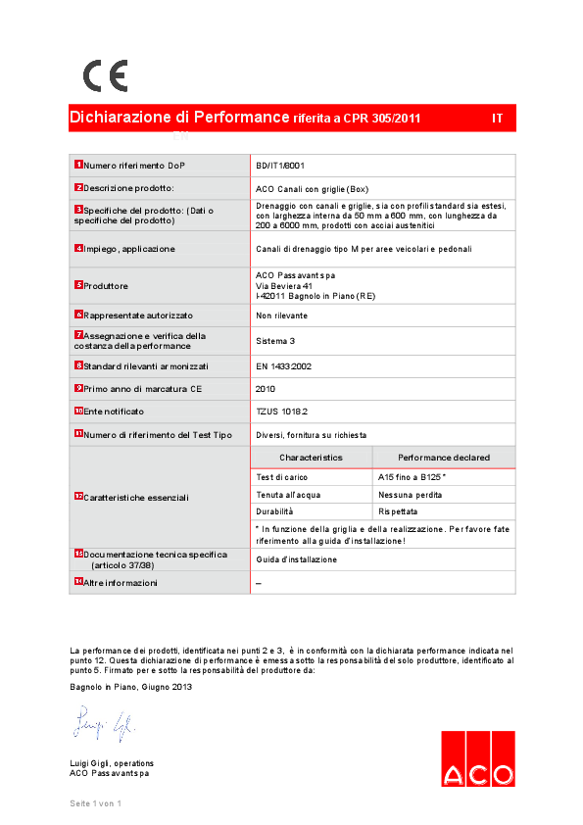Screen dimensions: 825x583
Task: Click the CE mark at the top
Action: [105, 75]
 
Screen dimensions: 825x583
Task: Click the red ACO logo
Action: [477, 759]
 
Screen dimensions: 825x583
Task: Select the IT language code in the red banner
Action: [498, 119]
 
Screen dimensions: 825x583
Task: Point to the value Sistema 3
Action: [274, 341]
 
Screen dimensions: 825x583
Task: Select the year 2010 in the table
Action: [266, 389]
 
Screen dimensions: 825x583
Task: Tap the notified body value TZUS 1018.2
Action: [281, 412]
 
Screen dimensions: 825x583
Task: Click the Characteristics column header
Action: [311, 458]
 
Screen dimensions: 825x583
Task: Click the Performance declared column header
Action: [444, 458]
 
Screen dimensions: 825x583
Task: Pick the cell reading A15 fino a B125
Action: [412, 476]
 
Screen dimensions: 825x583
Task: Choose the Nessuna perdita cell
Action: [410, 495]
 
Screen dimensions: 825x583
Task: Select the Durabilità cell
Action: [274, 512]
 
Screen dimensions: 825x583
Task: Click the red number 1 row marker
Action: [78, 165]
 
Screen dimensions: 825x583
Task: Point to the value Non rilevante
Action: [281, 315]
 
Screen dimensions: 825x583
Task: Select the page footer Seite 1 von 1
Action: [95, 803]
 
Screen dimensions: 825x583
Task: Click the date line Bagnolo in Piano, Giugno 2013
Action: [131, 687]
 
